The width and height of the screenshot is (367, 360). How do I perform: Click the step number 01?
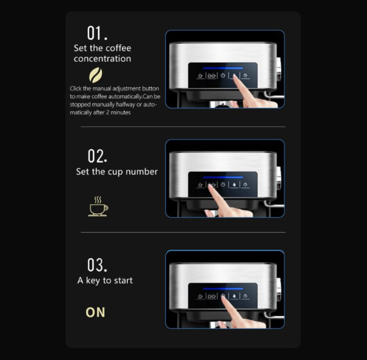point(97,33)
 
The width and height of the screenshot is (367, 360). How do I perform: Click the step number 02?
point(98,156)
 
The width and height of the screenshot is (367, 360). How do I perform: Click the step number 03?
point(97,265)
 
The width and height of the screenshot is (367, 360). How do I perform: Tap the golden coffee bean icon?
point(95,75)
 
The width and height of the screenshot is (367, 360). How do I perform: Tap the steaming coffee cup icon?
point(99,206)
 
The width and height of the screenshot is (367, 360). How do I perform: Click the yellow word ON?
point(95,312)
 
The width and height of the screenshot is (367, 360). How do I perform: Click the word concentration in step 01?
point(103,59)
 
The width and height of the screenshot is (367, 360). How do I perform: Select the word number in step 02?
point(141,172)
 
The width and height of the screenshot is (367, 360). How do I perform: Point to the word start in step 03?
point(123,280)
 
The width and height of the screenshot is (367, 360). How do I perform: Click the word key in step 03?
point(93,281)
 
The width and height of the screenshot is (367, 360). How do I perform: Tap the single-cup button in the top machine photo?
point(200,76)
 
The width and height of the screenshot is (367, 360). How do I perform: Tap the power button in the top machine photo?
point(223,75)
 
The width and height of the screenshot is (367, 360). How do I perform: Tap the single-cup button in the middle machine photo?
point(200,185)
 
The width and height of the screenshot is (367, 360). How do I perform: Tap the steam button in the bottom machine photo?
point(245,296)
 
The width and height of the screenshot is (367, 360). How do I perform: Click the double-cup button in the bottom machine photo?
point(212,296)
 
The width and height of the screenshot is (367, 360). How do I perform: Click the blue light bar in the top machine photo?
point(223,68)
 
